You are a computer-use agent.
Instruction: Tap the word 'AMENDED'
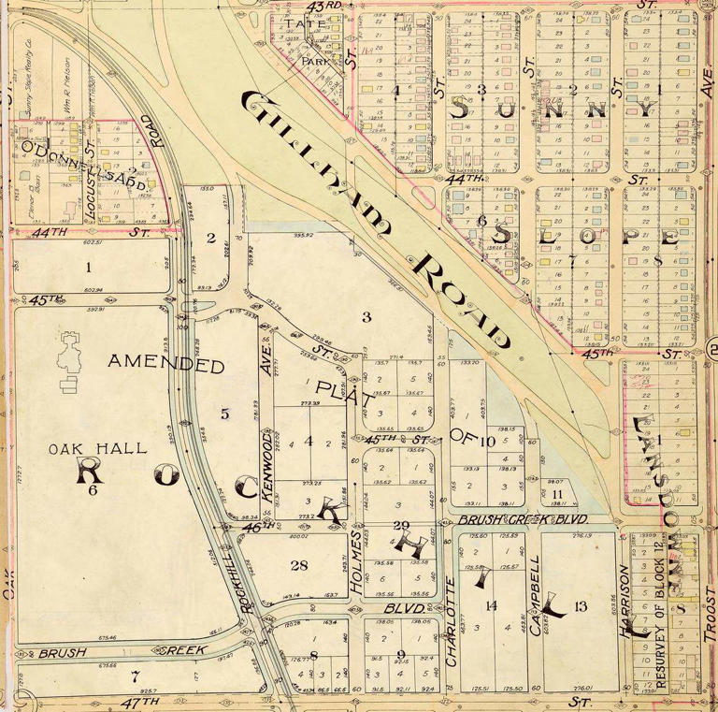tap(166, 364)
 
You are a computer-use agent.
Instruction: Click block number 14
tap(490, 606)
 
